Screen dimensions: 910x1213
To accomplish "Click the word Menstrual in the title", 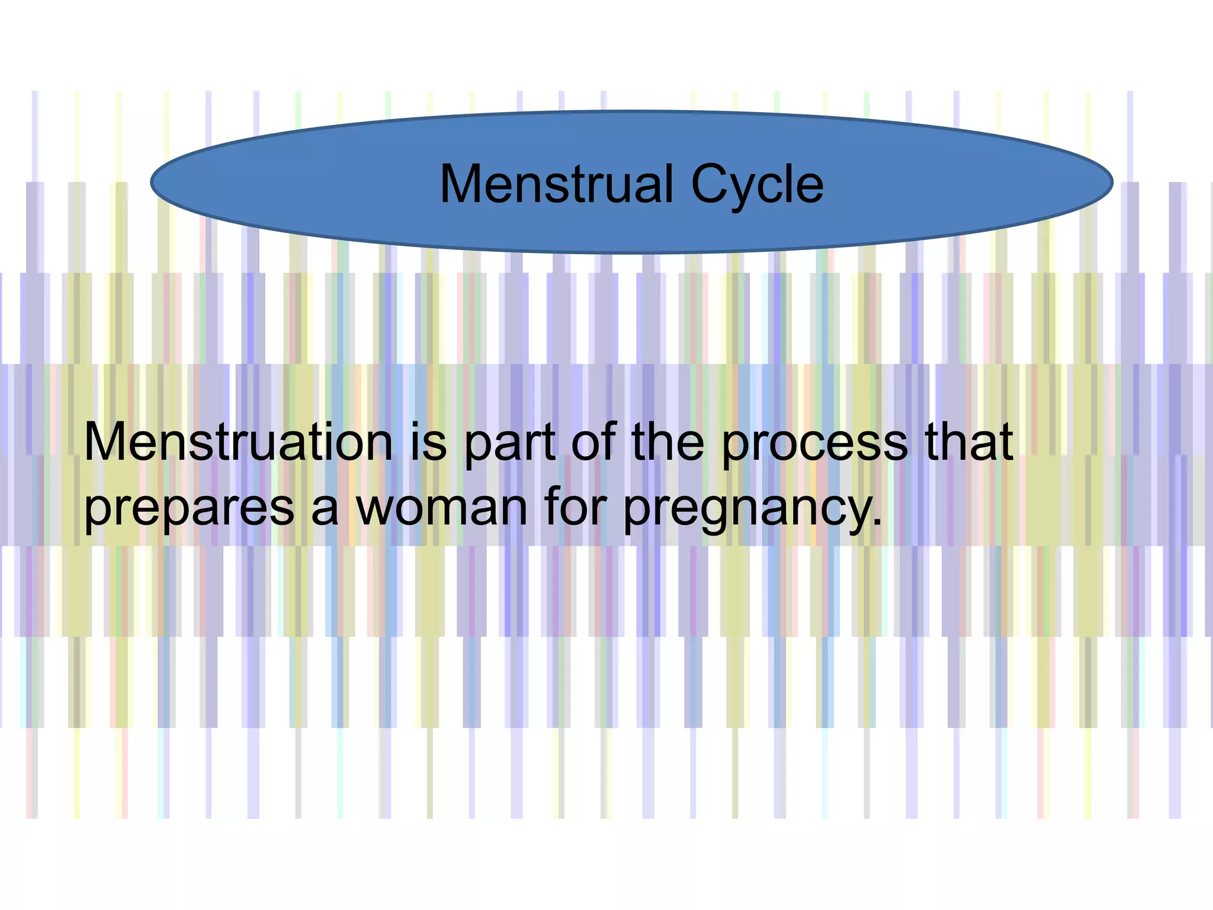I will point(557,184).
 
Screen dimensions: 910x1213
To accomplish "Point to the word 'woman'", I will point(441,508).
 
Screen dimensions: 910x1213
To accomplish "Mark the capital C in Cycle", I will point(710,184).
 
